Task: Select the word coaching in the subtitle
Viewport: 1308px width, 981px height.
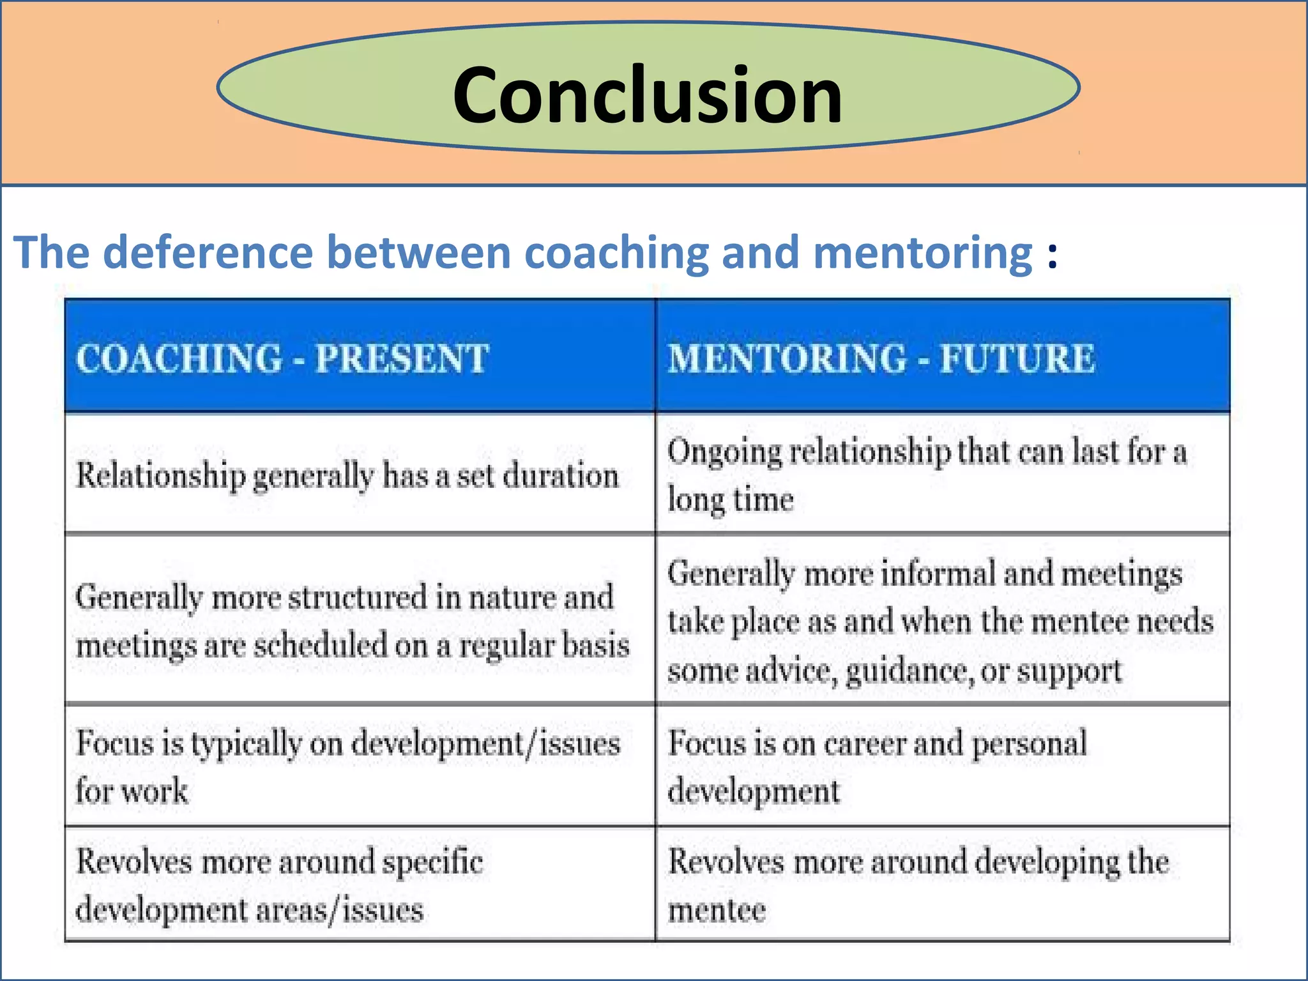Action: tap(616, 252)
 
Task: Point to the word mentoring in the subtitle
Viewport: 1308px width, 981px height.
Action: tap(923, 252)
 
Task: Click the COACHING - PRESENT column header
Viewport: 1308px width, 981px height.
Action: tap(282, 358)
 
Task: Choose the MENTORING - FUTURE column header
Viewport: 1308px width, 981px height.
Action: tap(881, 358)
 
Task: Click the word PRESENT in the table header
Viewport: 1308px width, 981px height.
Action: tap(402, 358)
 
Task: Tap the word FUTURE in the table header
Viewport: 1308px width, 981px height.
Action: tap(1017, 358)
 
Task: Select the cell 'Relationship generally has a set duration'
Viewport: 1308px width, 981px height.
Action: tap(347, 475)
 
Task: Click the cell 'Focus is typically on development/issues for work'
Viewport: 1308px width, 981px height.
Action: tap(348, 766)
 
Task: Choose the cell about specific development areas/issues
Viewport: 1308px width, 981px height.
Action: tap(280, 885)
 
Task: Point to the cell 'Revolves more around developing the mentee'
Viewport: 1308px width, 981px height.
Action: tap(918, 885)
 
